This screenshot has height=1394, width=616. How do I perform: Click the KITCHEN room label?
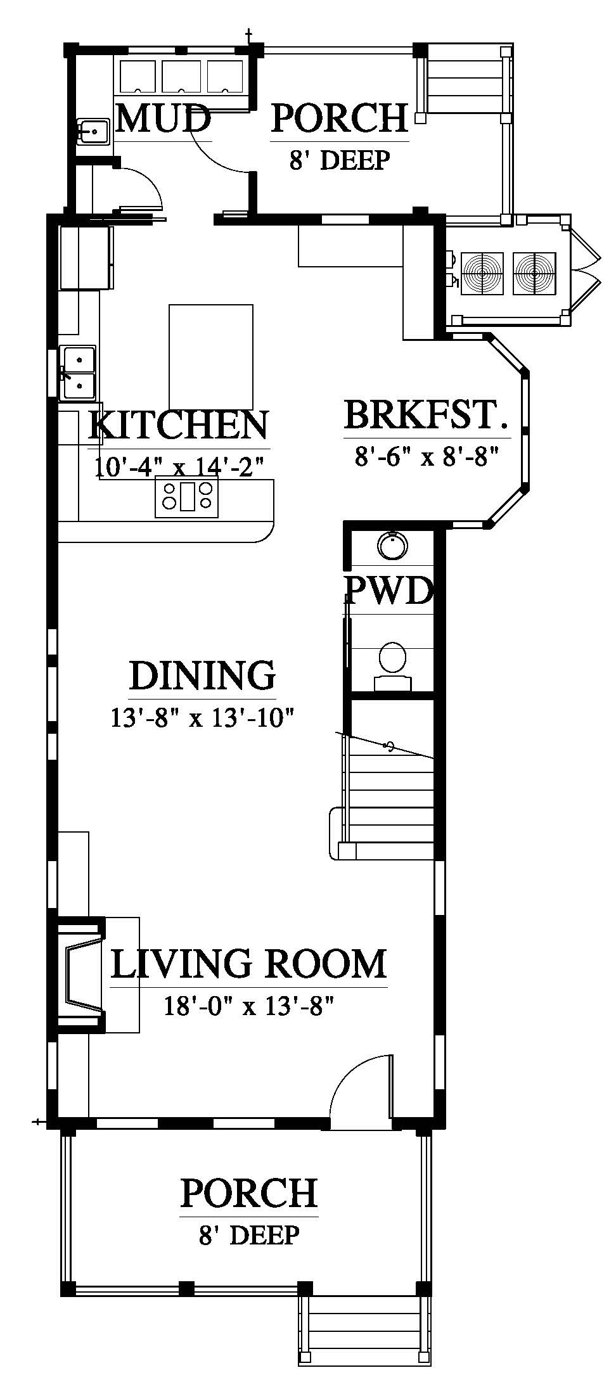pos(179,425)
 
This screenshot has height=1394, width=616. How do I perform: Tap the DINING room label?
pos(203,675)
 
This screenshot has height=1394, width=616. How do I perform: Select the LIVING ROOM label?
pos(248,964)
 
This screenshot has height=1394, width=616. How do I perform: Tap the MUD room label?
pos(164,118)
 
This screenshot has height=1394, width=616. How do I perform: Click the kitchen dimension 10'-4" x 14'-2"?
pos(179,468)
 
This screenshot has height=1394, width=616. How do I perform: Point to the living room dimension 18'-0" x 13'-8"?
pos(248,1006)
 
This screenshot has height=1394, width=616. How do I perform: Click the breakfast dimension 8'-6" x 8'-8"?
pos(428,456)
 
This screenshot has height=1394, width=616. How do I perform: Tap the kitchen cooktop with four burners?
pos(187,496)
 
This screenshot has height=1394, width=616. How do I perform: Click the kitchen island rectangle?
pos(210,357)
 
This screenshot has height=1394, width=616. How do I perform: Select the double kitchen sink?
pos(78,373)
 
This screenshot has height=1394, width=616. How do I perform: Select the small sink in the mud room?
pos(93,132)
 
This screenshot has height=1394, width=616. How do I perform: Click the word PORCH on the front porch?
pos(248,1193)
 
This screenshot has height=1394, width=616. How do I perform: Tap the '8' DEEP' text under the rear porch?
pos(339,160)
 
